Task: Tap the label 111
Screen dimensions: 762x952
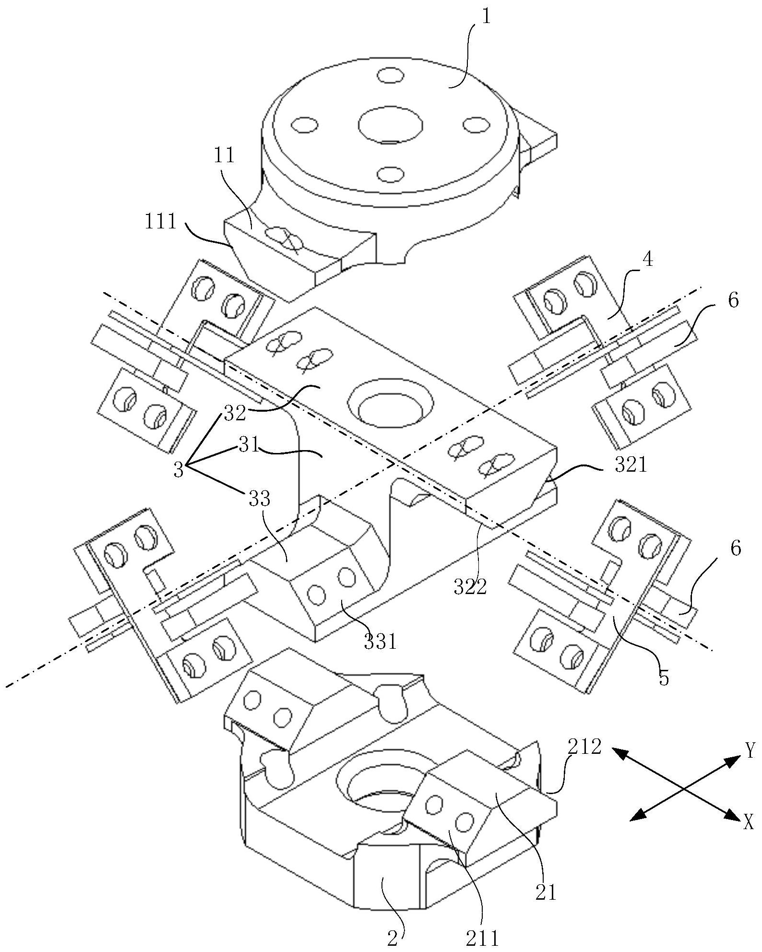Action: click(162, 223)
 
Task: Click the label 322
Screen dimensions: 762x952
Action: click(471, 586)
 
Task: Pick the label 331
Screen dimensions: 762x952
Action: click(381, 642)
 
